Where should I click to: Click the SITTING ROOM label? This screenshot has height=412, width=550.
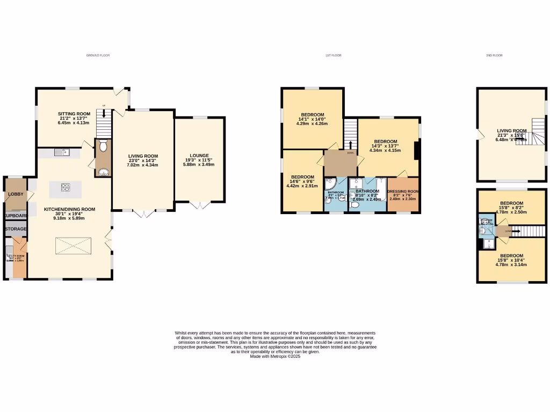[x=74, y=114]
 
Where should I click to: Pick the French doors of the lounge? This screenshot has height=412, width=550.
[x=199, y=204]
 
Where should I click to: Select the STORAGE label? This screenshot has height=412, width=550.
[x=16, y=229]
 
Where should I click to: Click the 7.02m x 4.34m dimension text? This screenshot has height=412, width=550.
[x=143, y=165]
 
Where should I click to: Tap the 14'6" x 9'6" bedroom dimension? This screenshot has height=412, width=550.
[x=302, y=182]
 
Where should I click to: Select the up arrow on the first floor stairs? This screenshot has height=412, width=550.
[x=351, y=145]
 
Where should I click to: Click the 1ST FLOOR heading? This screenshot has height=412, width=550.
[x=333, y=55]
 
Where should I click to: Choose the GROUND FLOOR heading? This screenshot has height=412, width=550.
[x=98, y=55]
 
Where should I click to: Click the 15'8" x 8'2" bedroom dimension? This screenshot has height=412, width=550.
[x=512, y=208]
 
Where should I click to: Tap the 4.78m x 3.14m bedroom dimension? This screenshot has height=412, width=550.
[x=512, y=264]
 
